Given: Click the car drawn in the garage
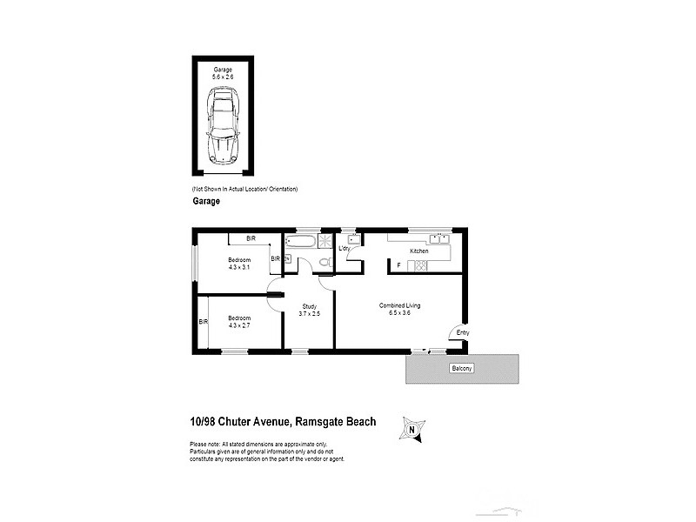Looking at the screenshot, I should tap(222, 131).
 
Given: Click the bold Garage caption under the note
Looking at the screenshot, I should tap(205, 200).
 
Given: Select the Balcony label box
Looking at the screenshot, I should tap(461, 369).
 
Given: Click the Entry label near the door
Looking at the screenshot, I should tap(462, 332).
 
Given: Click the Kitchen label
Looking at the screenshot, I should tap(419, 251).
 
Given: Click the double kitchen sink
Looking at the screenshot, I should tap(439, 237).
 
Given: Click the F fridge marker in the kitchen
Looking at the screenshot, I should tap(398, 264).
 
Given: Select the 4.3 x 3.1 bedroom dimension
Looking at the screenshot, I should tap(239, 266).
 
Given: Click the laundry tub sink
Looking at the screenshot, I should tap(353, 238).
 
